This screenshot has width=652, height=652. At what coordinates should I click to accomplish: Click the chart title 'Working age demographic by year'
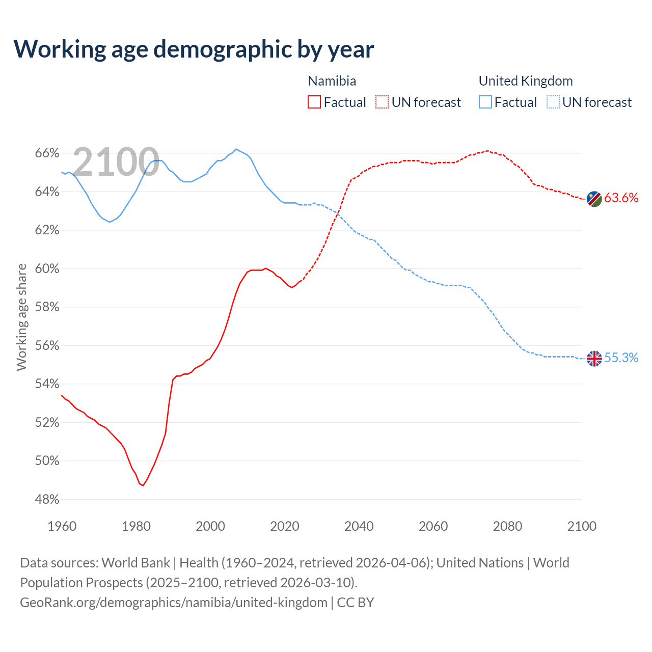tap(194, 49)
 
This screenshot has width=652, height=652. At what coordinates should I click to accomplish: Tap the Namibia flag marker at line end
tap(594, 199)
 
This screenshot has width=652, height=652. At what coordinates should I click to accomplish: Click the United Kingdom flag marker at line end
tap(594, 359)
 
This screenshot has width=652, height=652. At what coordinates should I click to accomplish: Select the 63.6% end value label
tap(621, 198)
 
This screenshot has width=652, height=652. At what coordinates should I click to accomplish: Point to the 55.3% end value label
tap(621, 358)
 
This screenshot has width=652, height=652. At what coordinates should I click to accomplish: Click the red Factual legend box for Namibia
tap(314, 102)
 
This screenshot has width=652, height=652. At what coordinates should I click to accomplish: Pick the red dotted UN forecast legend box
tap(382, 102)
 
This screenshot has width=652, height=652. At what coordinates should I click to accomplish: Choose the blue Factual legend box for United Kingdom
tap(485, 102)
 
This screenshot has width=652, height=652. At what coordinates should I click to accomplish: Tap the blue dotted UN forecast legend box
tap(553, 102)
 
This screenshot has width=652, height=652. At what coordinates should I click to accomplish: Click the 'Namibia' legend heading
tap(332, 81)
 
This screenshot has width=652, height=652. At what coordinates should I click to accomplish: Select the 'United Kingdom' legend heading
tap(526, 81)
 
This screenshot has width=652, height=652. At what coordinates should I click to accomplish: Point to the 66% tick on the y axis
tap(47, 153)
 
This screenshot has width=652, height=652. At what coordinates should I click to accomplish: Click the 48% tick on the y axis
tap(47, 500)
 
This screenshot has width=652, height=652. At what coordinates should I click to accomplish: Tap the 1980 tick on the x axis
tap(136, 526)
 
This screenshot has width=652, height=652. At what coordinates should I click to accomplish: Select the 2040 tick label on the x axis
tap(359, 526)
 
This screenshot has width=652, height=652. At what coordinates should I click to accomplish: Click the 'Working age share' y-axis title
tap(21, 317)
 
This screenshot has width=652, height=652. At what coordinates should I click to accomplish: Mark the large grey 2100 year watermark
tap(116, 162)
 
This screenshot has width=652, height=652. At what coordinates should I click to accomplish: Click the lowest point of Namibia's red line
tap(143, 485)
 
